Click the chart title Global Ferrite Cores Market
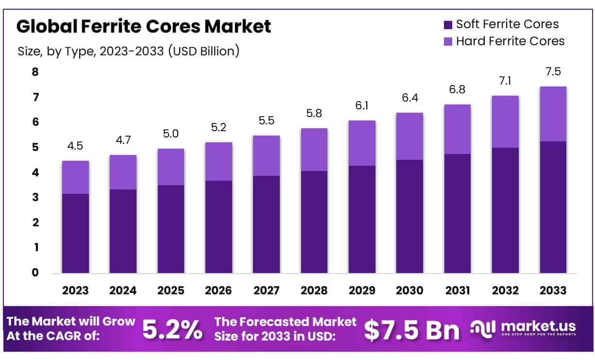pyautogui.click(x=143, y=26)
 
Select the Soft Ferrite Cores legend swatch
pyautogui.click(x=447, y=24)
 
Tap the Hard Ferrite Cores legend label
pyautogui.click(x=510, y=41)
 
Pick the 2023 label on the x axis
pyautogui.click(x=75, y=291)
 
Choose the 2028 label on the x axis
pyautogui.click(x=314, y=291)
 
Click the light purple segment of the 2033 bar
pyautogui.click(x=553, y=114)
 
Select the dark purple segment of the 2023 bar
pyautogui.click(x=75, y=233)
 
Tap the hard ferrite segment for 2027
pyautogui.click(x=266, y=155)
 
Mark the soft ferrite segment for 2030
pyautogui.click(x=409, y=216)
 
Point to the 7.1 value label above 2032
pyautogui.click(x=505, y=81)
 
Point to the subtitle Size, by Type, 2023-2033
pyautogui.click(x=128, y=51)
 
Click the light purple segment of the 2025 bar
pyautogui.click(x=171, y=167)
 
